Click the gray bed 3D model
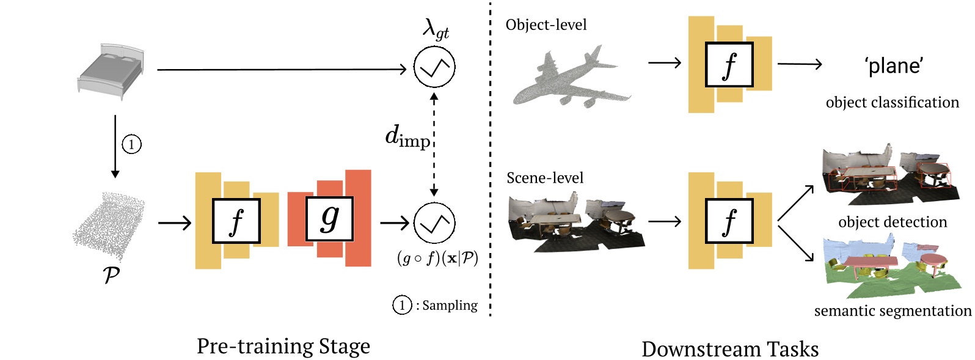coord(111,71)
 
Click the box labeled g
coord(329,219)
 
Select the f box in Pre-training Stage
coord(236,221)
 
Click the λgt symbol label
coord(435,28)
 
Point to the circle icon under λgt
coord(434,67)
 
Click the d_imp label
coord(407,136)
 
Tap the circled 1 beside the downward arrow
coord(131,144)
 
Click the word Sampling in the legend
coord(450,305)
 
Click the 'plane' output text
coord(894,65)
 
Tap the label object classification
coord(892,102)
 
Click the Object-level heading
coord(546,25)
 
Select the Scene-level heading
coord(544,178)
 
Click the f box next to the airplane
coord(729,65)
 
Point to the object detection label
coord(892,222)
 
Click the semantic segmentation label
coord(892,310)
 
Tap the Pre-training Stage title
coord(283,346)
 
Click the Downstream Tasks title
coord(729,349)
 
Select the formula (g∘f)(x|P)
coord(437,258)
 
